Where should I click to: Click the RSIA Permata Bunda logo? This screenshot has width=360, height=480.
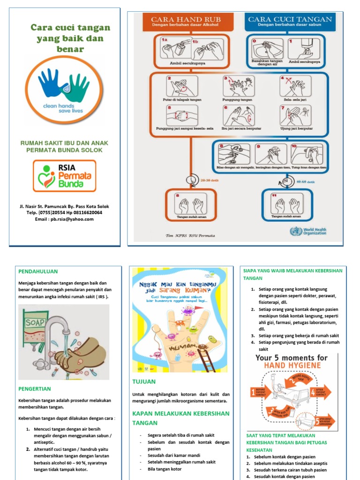pyautogui.click(x=64, y=176)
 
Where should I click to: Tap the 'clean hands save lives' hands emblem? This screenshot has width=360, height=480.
pyautogui.click(x=64, y=89)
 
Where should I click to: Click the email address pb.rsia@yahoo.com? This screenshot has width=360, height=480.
pyautogui.click(x=64, y=219)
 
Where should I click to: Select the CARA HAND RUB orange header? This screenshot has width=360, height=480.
pyautogui.click(x=186, y=21)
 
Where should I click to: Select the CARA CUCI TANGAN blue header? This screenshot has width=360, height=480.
pyautogui.click(x=290, y=21)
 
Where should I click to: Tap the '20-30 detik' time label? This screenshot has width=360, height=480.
pyautogui.click(x=209, y=180)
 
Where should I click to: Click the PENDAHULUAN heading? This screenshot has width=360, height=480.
pyautogui.click(x=38, y=271)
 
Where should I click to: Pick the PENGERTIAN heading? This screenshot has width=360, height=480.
pyautogui.click(x=35, y=389)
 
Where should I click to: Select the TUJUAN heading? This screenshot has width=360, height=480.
pyautogui.click(x=144, y=382)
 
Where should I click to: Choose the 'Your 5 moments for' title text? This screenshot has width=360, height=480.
pyautogui.click(x=291, y=358)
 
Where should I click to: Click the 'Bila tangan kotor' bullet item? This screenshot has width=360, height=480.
pyautogui.click(x=164, y=469)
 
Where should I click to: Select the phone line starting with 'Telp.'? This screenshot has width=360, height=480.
pyautogui.click(x=64, y=212)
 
